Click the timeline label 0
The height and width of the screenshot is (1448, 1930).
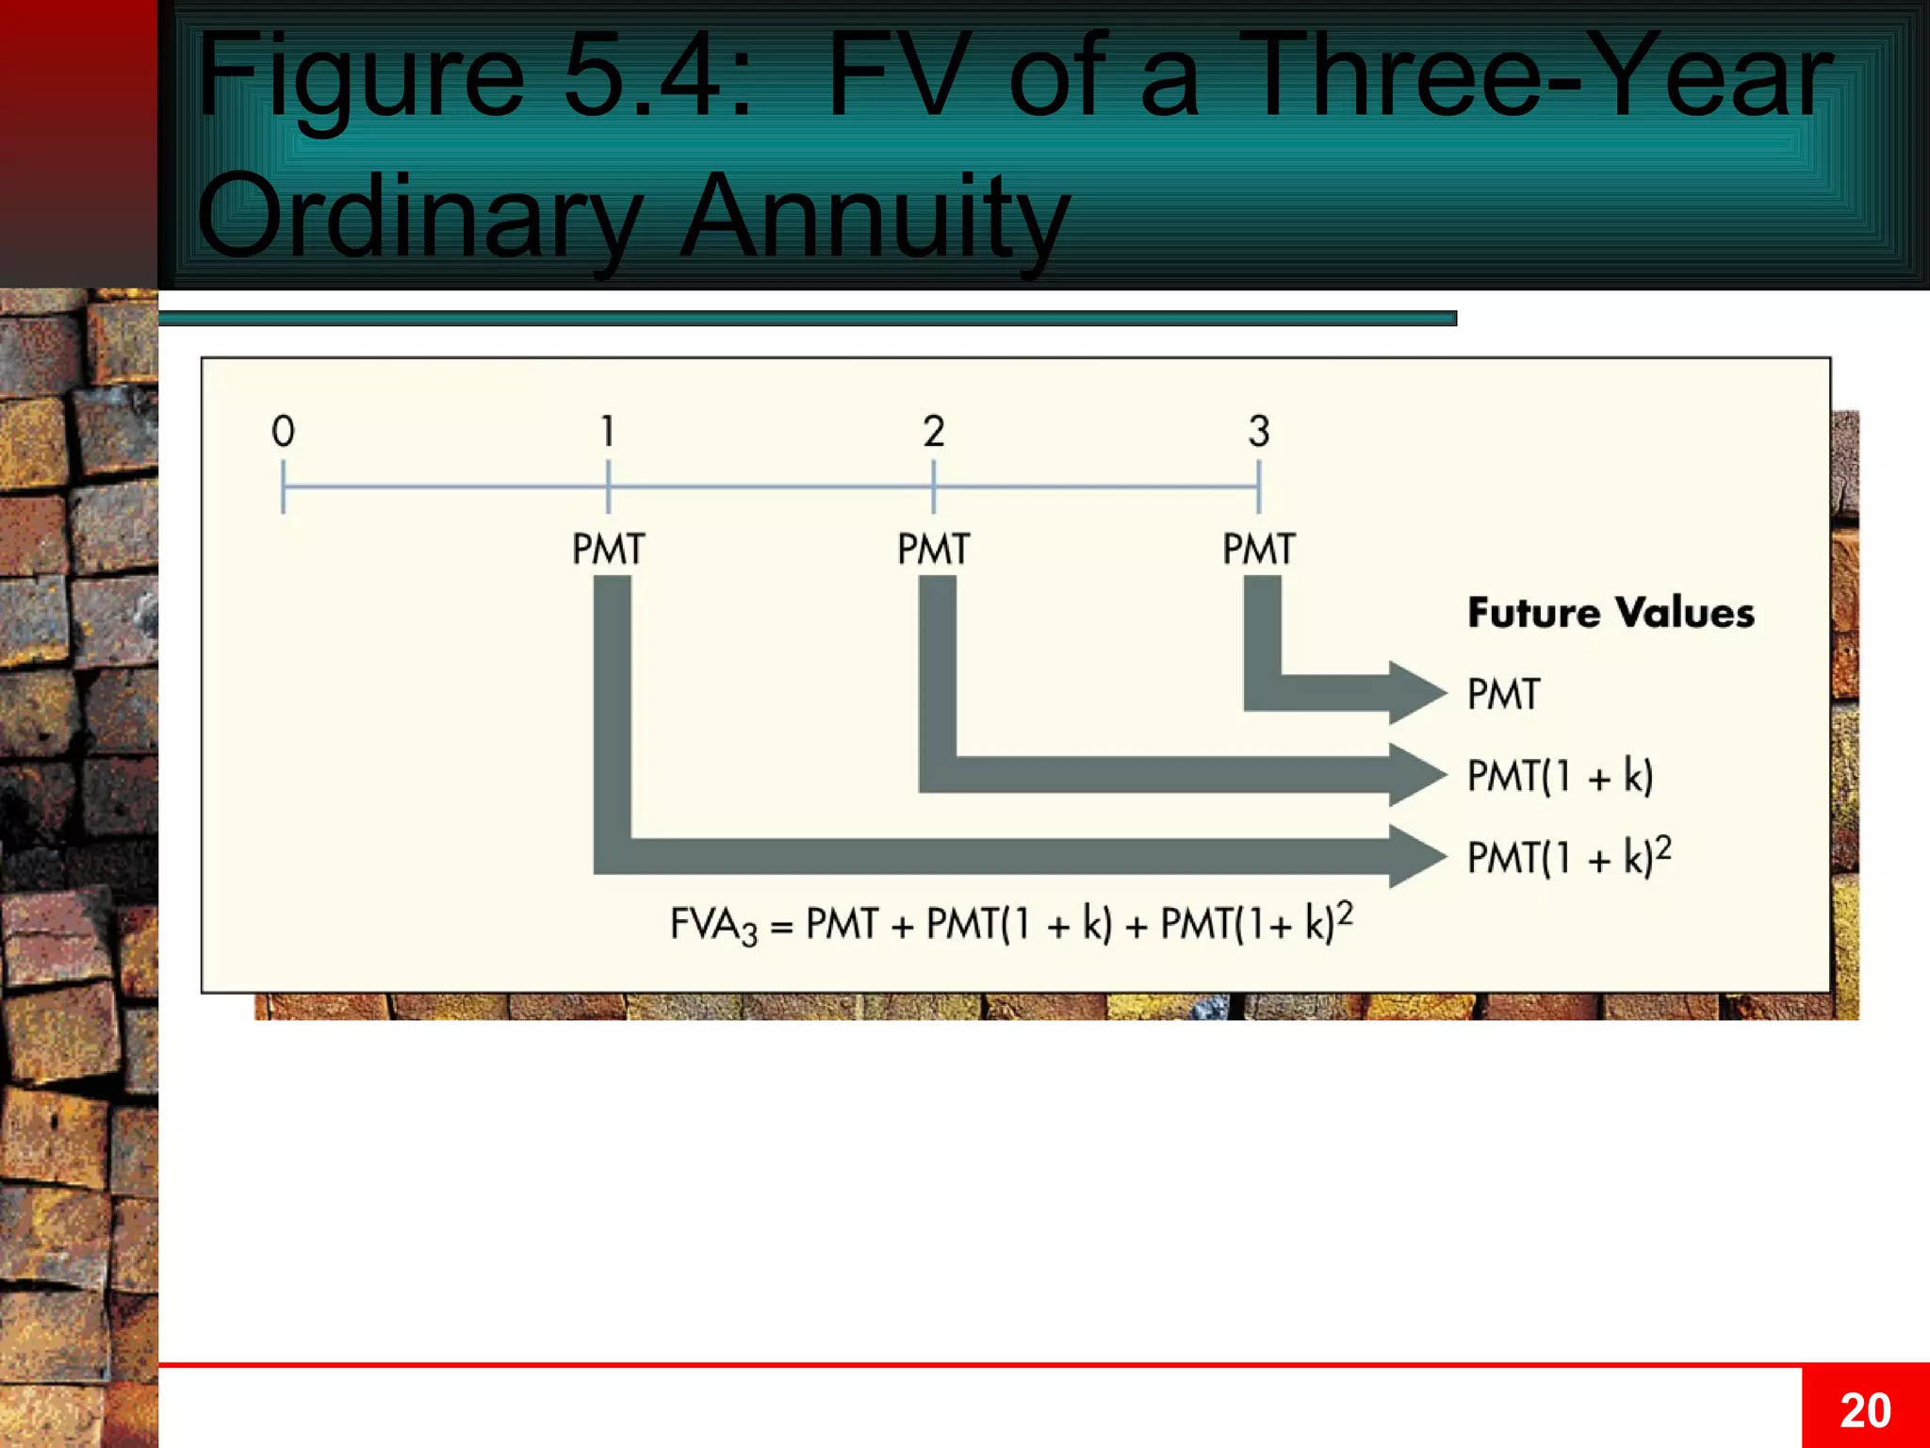coord(283,431)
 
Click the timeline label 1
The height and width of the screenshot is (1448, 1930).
coord(608,431)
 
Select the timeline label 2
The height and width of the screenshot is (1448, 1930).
coord(933,431)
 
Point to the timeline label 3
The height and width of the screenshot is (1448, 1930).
coord(1259,431)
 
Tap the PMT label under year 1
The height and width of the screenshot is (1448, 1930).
coord(608,549)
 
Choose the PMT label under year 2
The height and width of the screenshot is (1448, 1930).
coord(933,549)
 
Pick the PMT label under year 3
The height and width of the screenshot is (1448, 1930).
coord(1259,549)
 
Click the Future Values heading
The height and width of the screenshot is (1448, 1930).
coord(1611,613)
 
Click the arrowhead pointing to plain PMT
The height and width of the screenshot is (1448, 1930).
coord(1416,693)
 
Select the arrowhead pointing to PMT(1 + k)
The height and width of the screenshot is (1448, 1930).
coord(1416,775)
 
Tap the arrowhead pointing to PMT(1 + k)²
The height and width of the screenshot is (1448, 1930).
coord(1416,856)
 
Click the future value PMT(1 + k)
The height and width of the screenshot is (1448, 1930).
coord(1560,776)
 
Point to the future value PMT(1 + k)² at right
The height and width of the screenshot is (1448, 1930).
coord(1569,857)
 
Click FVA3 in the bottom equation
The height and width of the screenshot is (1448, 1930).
coord(713,925)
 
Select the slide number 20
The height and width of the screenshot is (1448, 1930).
coord(1865,1410)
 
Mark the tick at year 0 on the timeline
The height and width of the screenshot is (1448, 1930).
coord(283,486)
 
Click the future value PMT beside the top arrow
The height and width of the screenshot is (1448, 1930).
coord(1503,695)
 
